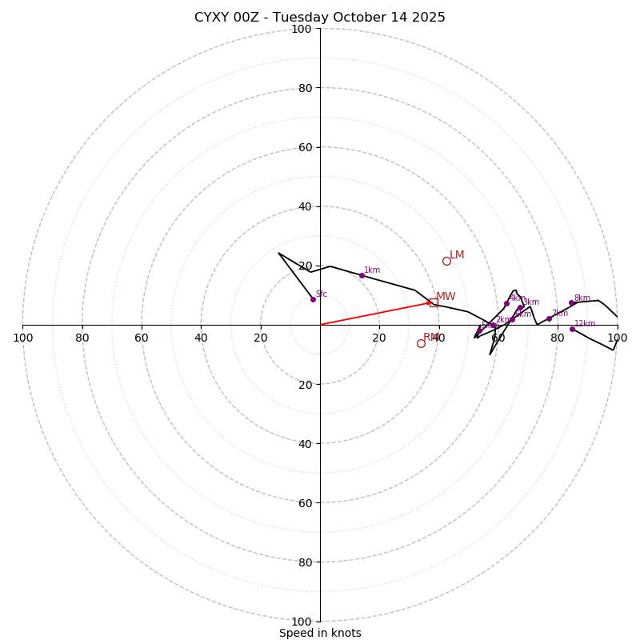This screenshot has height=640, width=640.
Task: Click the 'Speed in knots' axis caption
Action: pyautogui.click(x=320, y=633)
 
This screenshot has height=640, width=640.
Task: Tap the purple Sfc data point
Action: pyautogui.click(x=313, y=299)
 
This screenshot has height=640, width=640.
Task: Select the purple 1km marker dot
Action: pyautogui.click(x=362, y=275)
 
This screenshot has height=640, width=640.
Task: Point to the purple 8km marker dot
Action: pyautogui.click(x=571, y=302)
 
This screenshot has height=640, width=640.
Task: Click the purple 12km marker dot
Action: pyautogui.click(x=572, y=329)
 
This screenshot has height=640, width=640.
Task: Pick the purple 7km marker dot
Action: pyautogui.click(x=549, y=318)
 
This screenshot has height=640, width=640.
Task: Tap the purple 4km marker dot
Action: pyautogui.click(x=506, y=303)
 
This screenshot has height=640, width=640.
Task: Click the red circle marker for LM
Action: pyautogui.click(x=446, y=261)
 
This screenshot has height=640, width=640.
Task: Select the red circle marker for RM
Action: pyautogui.click(x=421, y=343)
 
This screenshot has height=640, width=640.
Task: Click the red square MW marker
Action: pyautogui.click(x=434, y=302)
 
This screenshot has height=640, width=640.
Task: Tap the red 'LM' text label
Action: pyautogui.click(x=457, y=255)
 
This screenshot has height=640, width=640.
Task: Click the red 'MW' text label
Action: pyautogui.click(x=446, y=297)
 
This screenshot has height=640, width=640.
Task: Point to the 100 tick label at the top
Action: pyautogui.click(x=302, y=29)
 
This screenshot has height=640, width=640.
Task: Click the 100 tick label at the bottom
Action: pyautogui.click(x=302, y=621)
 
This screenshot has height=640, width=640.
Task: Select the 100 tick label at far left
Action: pyautogui.click(x=22, y=338)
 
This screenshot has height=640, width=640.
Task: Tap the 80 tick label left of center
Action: pyautogui.click(x=82, y=338)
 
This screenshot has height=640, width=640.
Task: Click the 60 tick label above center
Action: pyautogui.click(x=305, y=147)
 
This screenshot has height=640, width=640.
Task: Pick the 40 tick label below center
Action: pyautogui.click(x=305, y=443)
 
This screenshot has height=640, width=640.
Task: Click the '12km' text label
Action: pyautogui.click(x=585, y=324)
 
